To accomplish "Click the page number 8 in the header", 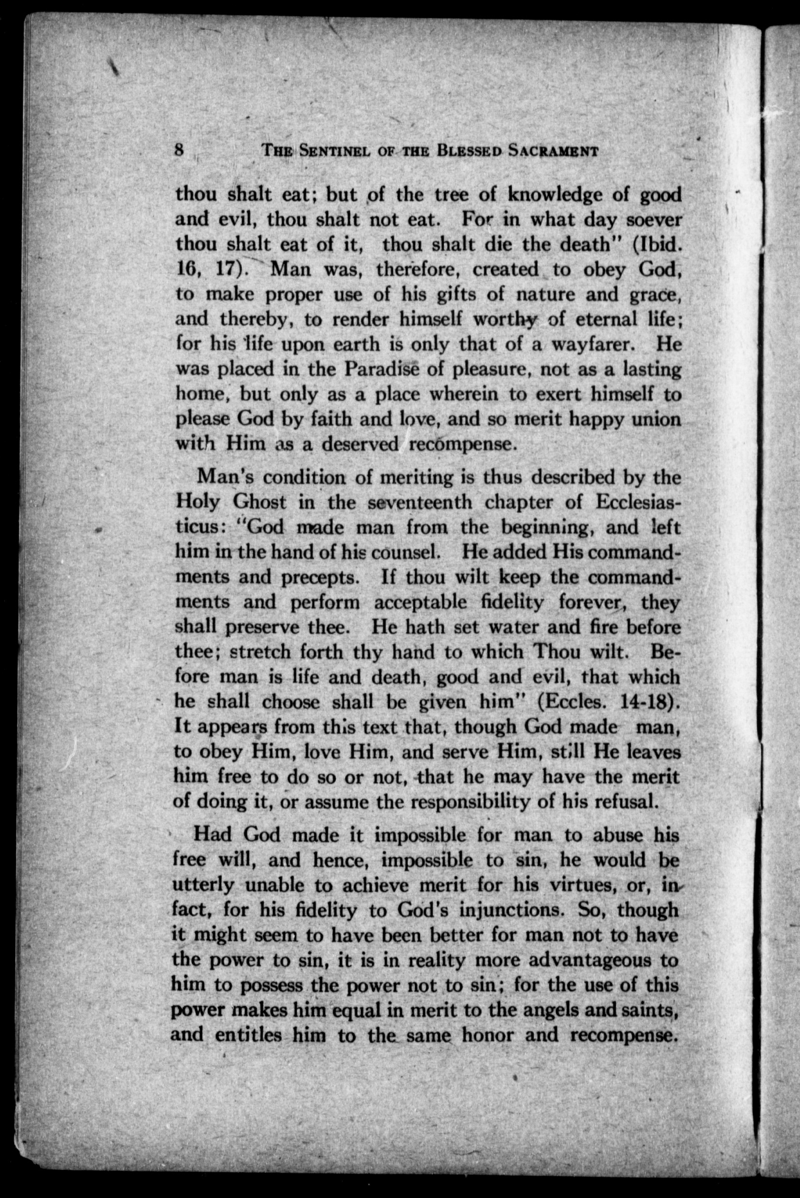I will pos(179,151).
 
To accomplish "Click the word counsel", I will pos(403,552).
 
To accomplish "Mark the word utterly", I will pos(203,884).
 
